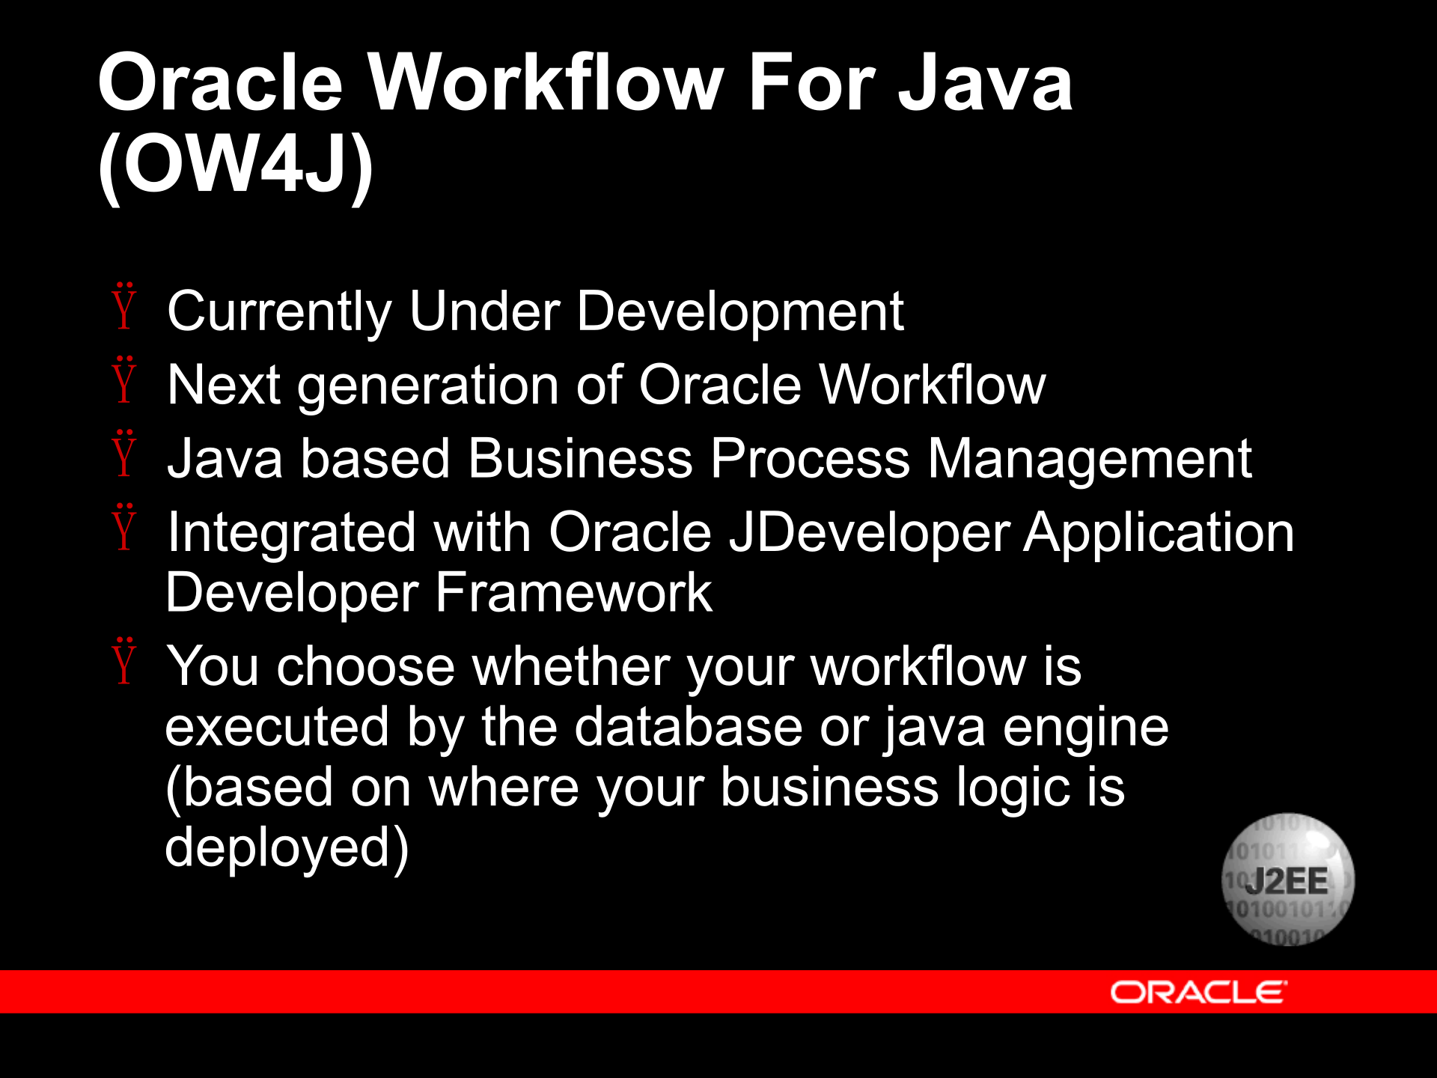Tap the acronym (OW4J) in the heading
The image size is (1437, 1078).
[236, 166]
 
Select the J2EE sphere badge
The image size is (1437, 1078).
[1287, 880]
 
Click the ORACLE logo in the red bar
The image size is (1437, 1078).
[1197, 993]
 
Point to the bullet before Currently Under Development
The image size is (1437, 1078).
[124, 307]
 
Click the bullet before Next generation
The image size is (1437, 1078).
[124, 380]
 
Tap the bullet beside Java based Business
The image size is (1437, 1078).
[124, 454]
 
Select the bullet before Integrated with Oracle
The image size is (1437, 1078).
[124, 528]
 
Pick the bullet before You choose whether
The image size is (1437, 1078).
[124, 662]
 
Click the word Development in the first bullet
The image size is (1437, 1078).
[740, 311]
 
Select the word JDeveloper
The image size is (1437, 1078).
[869, 533]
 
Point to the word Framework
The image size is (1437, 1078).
[573, 593]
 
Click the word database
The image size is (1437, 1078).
[688, 727]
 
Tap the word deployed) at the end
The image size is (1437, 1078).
[287, 848]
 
